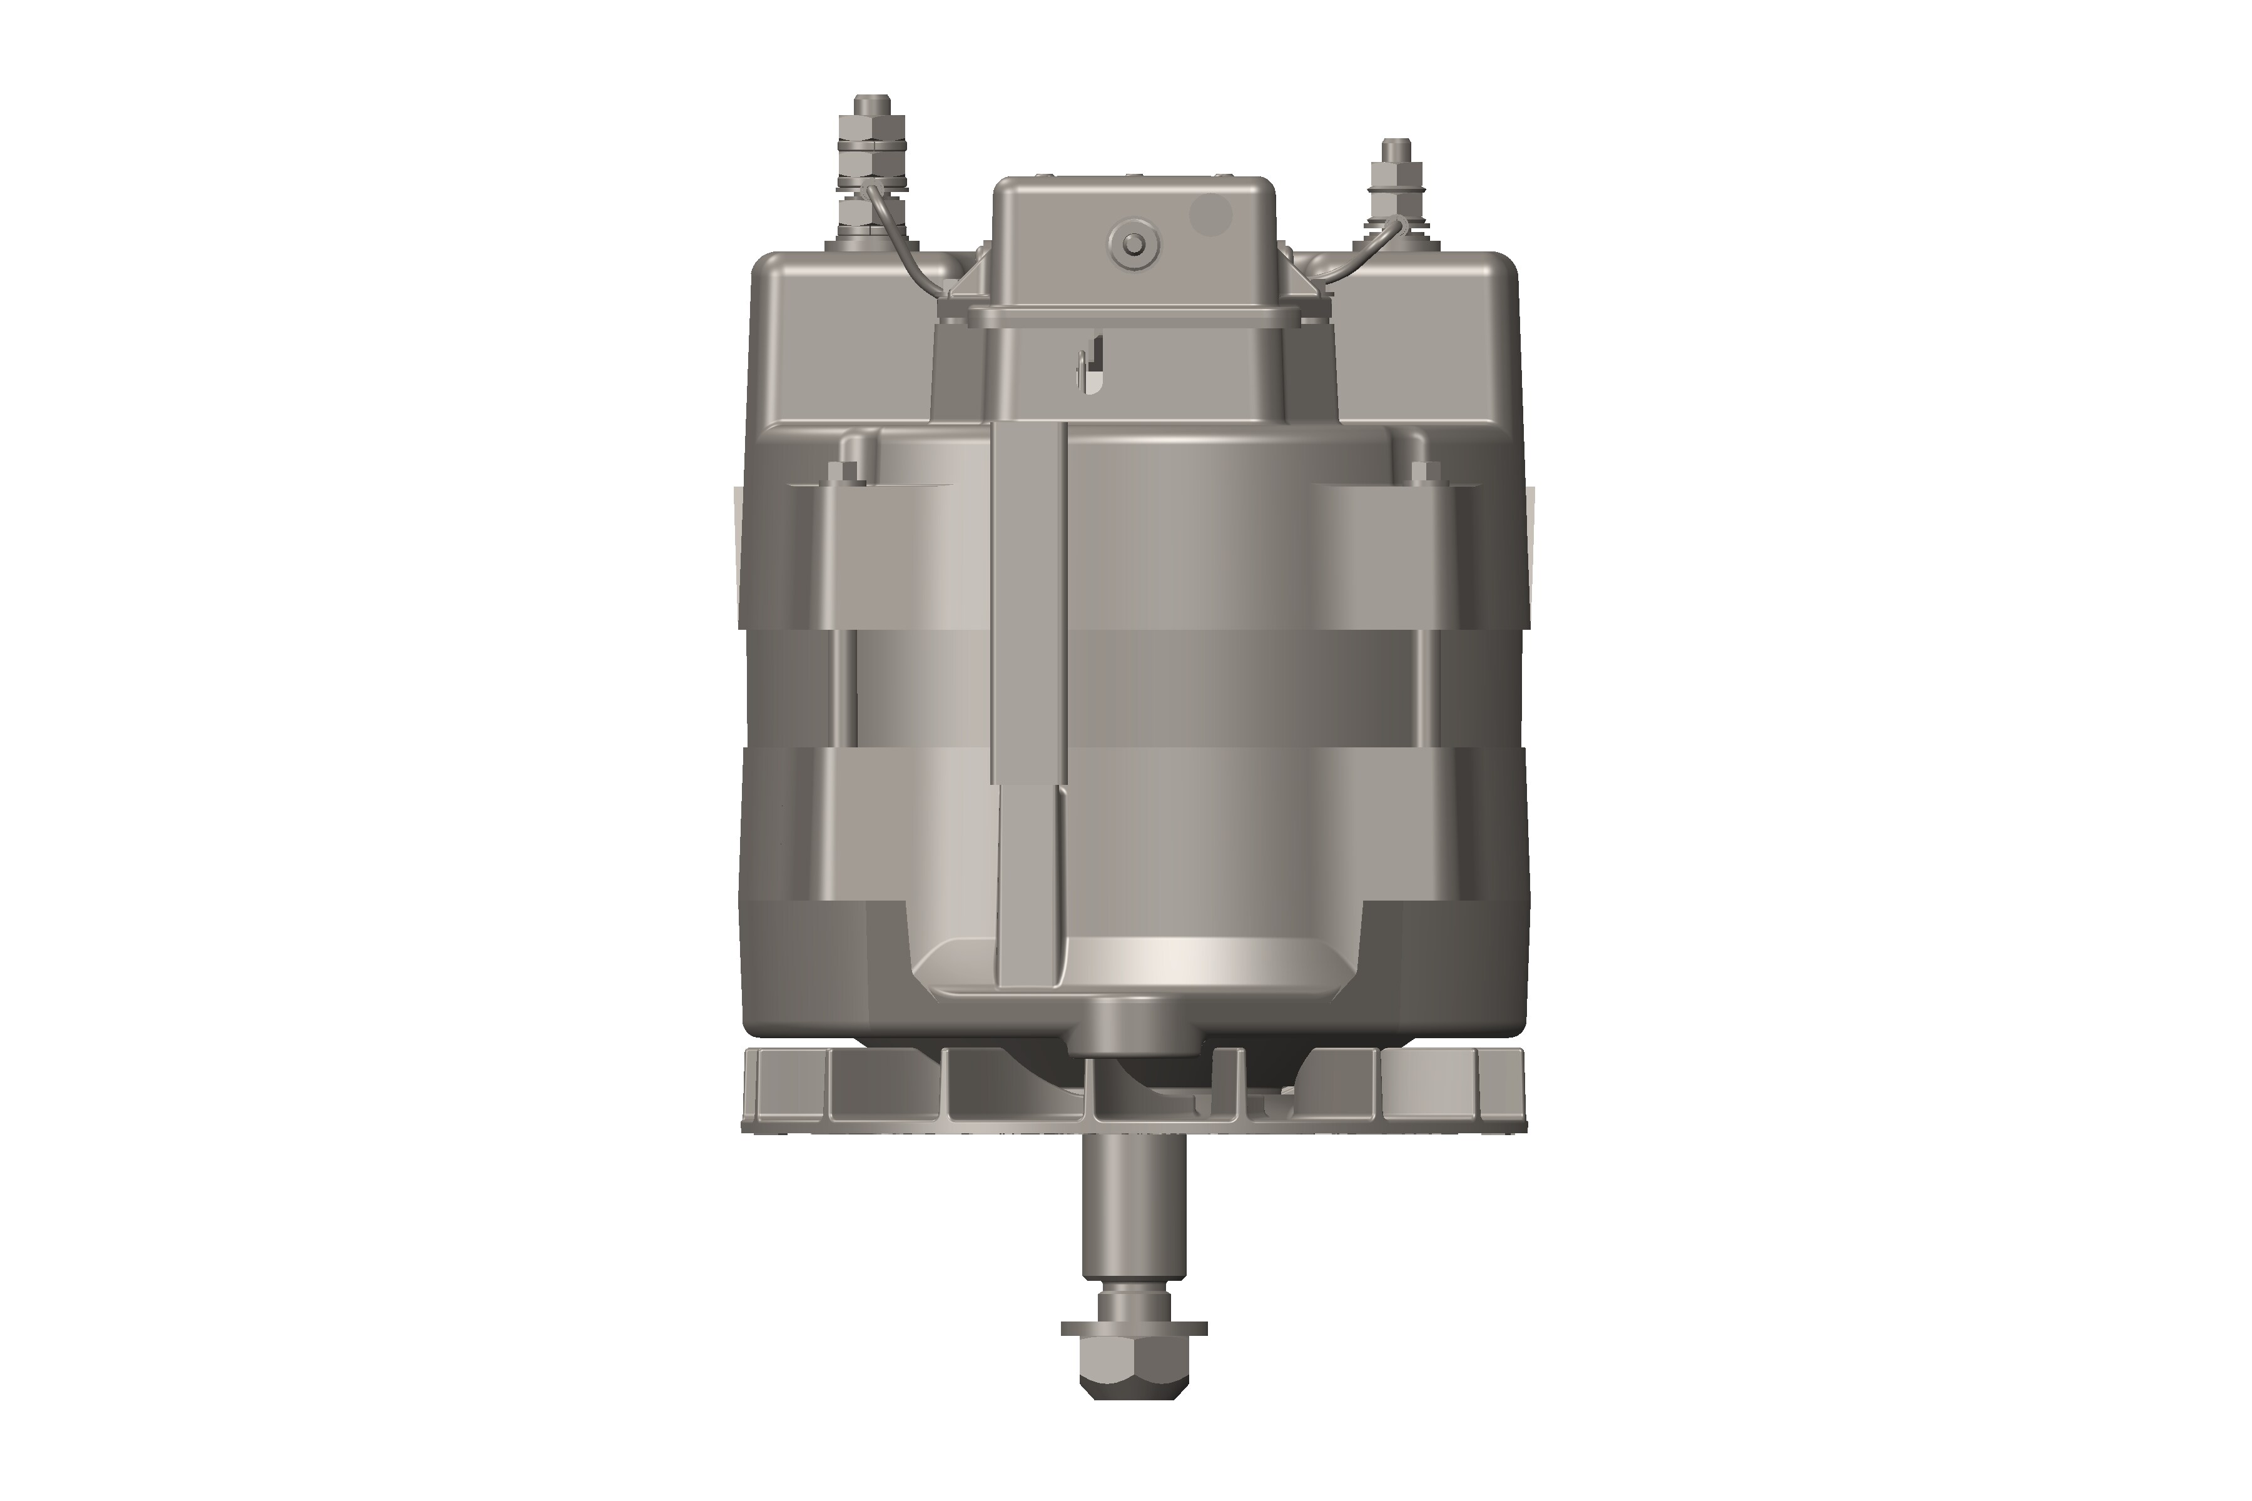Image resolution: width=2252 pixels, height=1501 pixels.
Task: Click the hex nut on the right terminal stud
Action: tap(1394, 176)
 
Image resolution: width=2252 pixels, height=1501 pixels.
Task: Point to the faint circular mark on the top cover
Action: tap(1210, 215)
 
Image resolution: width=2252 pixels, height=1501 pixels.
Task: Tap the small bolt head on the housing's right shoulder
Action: tap(1425, 470)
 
